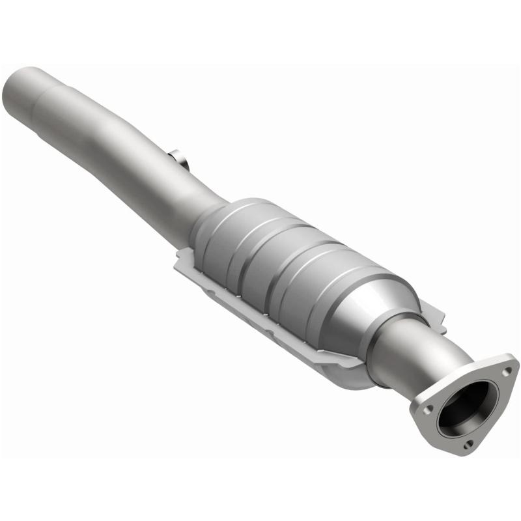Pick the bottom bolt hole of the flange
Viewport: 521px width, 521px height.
pos(470,445)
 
